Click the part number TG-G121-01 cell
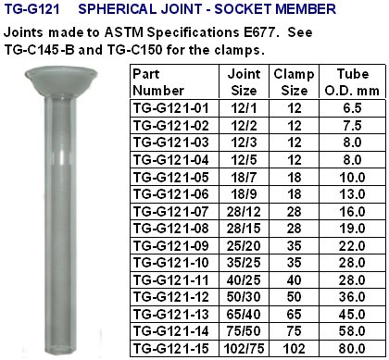(170, 108)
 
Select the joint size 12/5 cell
(244, 160)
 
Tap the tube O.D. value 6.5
(352, 108)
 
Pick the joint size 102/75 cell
(244, 349)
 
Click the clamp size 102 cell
(294, 349)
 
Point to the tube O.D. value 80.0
(352, 349)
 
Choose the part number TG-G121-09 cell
(170, 246)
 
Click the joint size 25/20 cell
(244, 246)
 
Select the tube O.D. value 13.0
(352, 194)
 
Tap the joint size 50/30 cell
(244, 297)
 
